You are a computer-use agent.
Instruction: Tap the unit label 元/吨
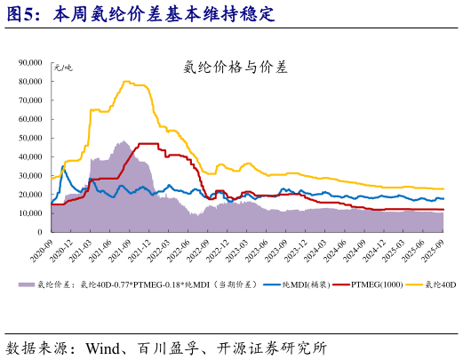(63, 68)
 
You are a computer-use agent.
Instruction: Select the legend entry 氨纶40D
(440, 284)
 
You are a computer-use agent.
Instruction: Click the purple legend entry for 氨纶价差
(133, 284)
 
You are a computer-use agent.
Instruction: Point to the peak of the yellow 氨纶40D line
(125, 82)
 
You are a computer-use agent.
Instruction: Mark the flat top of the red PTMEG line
(148, 144)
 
